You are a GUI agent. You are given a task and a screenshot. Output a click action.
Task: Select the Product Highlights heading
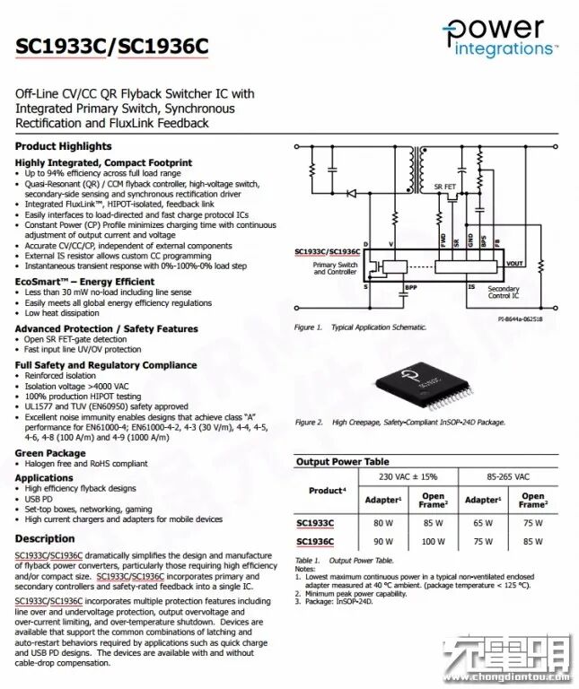click(x=64, y=146)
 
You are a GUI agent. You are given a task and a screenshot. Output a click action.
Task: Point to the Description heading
click(x=45, y=538)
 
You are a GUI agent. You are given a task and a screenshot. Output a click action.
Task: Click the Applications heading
click(x=45, y=478)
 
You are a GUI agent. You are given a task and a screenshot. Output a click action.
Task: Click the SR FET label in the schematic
click(x=445, y=187)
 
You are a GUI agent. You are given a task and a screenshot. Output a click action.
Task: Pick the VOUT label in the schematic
click(x=515, y=264)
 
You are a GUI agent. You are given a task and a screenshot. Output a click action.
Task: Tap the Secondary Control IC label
click(x=504, y=292)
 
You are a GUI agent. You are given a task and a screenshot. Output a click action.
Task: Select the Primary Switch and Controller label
click(x=335, y=268)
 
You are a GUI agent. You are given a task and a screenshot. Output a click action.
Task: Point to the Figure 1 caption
click(x=361, y=327)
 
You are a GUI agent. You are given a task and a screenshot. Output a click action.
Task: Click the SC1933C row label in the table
click(x=315, y=521)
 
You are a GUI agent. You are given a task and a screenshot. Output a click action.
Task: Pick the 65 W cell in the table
click(x=482, y=521)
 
